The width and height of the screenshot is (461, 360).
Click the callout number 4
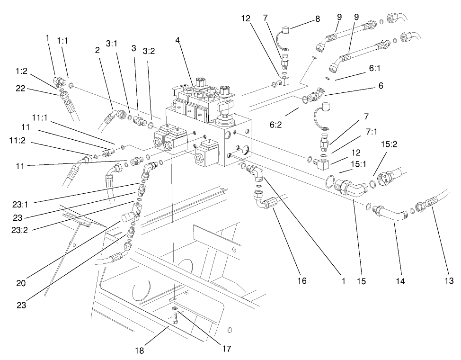(x=177, y=40)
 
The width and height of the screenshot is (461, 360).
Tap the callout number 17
(x=228, y=349)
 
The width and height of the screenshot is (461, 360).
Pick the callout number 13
(x=449, y=281)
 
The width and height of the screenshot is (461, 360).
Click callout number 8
(x=318, y=19)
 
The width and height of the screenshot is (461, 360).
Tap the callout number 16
(x=301, y=281)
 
